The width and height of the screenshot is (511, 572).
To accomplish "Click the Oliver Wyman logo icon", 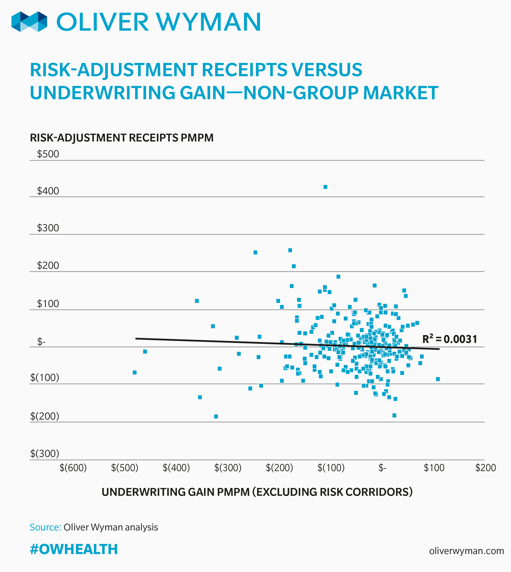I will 29,22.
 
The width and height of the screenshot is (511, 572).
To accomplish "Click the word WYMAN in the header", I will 209,22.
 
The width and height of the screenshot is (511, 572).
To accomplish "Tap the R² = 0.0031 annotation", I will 449,339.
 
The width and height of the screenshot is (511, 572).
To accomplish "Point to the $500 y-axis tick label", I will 48,154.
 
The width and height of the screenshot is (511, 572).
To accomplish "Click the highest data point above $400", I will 325,187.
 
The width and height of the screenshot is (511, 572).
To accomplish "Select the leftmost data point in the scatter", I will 134,372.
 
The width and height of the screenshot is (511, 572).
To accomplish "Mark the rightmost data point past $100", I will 438,379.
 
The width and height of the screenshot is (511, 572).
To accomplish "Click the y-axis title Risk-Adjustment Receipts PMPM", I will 122,138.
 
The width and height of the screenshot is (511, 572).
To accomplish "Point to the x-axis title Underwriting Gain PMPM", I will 257,492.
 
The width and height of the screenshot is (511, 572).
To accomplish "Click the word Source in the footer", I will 45,527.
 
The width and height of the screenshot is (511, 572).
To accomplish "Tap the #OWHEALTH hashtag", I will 74,549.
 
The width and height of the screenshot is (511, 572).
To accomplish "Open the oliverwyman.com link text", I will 466,551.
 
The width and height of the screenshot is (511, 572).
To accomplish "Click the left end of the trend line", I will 136,339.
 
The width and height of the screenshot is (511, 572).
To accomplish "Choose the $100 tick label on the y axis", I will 48,304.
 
